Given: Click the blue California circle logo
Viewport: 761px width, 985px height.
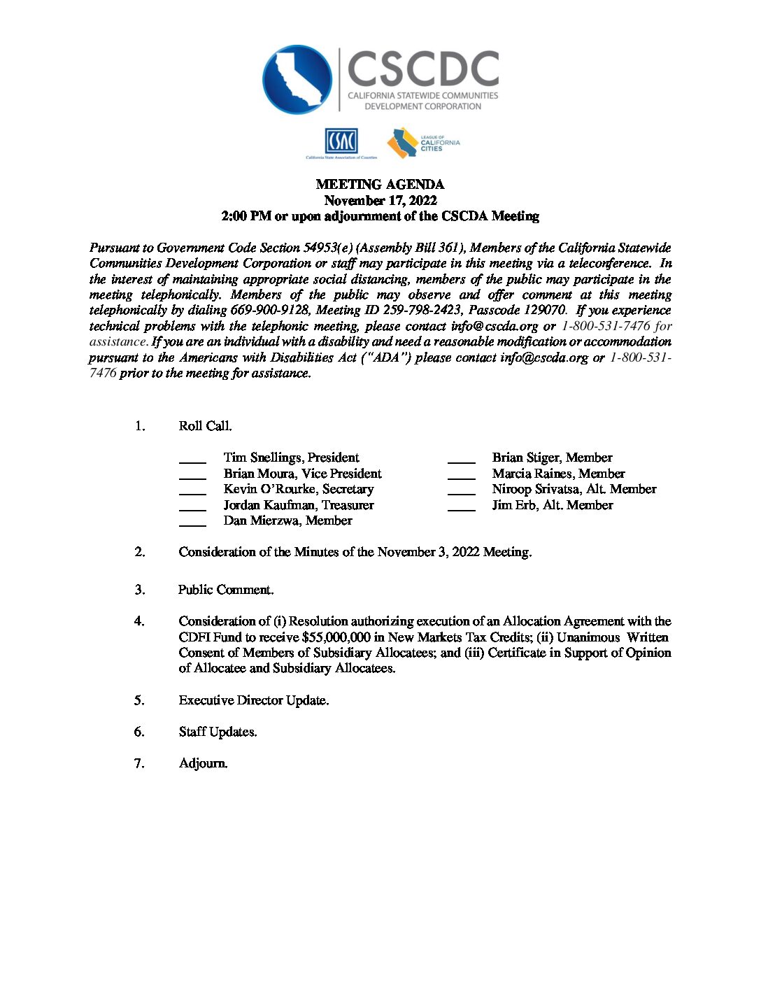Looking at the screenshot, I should pos(297,80).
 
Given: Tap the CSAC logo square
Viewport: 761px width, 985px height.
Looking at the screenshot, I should pos(341,142).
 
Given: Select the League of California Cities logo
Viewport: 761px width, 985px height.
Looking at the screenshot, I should pos(423,143).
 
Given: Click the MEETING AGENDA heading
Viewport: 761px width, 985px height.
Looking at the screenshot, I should pos(380,185).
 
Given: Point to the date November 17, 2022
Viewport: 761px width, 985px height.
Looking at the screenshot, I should pos(380,201).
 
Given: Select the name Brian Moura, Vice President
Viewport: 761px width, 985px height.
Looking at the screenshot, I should pos(302,474).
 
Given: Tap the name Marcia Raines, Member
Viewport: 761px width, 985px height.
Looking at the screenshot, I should pos(558,474).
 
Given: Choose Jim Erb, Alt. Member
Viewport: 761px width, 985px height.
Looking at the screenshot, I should pos(552,505).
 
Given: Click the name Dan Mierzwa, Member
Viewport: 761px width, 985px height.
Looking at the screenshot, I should pos(287,520).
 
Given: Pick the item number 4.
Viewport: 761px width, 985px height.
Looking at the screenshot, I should pos(139,621).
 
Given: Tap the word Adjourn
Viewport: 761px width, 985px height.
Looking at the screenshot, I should pos(203,763).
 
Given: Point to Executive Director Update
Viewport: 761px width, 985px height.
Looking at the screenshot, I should pos(253,700).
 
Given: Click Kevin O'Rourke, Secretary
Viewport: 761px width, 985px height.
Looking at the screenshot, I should pos(298,489).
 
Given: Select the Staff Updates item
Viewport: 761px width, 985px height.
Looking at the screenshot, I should pos(218,732).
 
